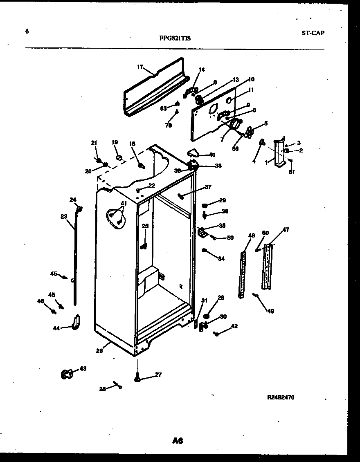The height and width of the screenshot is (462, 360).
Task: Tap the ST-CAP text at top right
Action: click(313, 33)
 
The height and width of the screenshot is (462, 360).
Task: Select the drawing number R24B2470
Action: click(281, 397)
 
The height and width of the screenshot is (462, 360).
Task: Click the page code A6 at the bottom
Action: click(177, 440)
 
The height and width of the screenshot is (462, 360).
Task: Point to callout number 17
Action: click(139, 67)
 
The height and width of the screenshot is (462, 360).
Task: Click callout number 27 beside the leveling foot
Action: click(158, 375)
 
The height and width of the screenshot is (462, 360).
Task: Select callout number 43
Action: click(83, 368)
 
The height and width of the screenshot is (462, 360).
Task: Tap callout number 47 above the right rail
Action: click(286, 230)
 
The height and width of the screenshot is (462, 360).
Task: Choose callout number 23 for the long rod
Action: click(64, 217)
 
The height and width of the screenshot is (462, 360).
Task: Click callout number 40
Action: click(212, 155)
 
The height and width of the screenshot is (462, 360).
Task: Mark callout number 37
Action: click(208, 187)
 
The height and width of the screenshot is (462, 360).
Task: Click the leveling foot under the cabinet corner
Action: click(137, 379)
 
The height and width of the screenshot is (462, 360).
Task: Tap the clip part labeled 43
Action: click(66, 373)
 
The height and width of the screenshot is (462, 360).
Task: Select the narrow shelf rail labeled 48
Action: click(243, 274)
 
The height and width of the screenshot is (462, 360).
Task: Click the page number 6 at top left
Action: click(27, 31)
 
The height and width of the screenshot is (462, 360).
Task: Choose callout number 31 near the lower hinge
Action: click(204, 301)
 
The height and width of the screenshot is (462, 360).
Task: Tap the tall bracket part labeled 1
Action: click(280, 153)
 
